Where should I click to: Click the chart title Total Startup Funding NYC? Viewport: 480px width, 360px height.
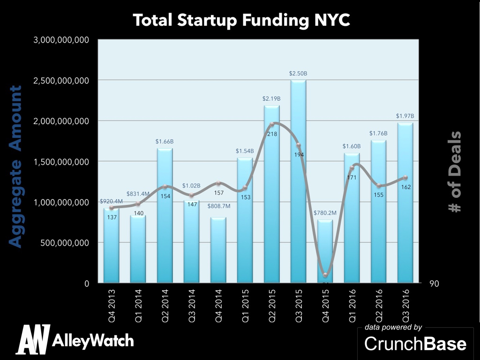241,20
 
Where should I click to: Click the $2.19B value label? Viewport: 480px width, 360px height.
271,98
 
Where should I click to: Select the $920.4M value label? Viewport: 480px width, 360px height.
111,201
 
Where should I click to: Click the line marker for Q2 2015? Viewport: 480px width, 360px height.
271,125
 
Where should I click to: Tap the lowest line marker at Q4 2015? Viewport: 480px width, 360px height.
325,275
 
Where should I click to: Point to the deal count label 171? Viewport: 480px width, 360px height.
352,178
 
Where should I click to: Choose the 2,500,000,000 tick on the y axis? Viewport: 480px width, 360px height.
61,81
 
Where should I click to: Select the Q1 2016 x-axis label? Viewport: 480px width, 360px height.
352,303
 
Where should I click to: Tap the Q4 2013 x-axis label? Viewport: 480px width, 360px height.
111,303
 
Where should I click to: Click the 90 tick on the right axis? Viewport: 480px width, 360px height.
435,284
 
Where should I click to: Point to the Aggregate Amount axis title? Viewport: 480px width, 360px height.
16,166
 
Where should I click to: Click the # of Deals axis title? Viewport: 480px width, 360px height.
455,171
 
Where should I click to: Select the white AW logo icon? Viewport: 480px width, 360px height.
33,339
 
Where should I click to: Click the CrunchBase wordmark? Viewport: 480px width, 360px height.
415,344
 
